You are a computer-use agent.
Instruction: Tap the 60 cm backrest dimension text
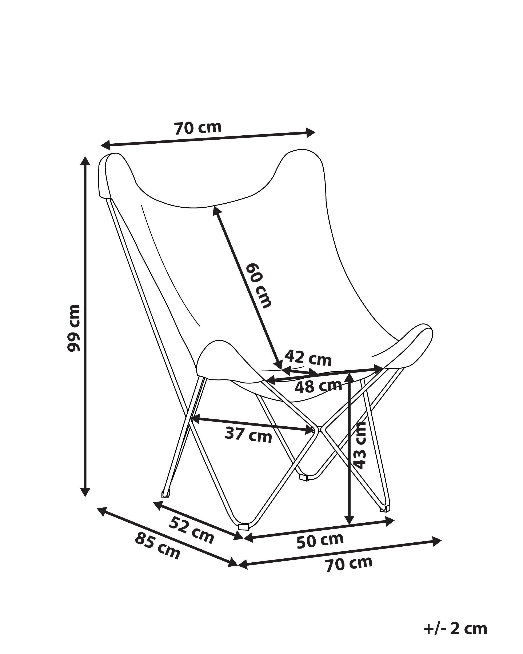pos(258,286)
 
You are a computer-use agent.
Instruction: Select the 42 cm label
pos(308,358)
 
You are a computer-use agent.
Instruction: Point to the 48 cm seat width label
pos(318,387)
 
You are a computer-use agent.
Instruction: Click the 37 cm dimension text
pos(248,435)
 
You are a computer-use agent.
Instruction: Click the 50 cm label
pos(320,542)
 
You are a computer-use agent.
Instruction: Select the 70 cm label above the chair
pos(198,128)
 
